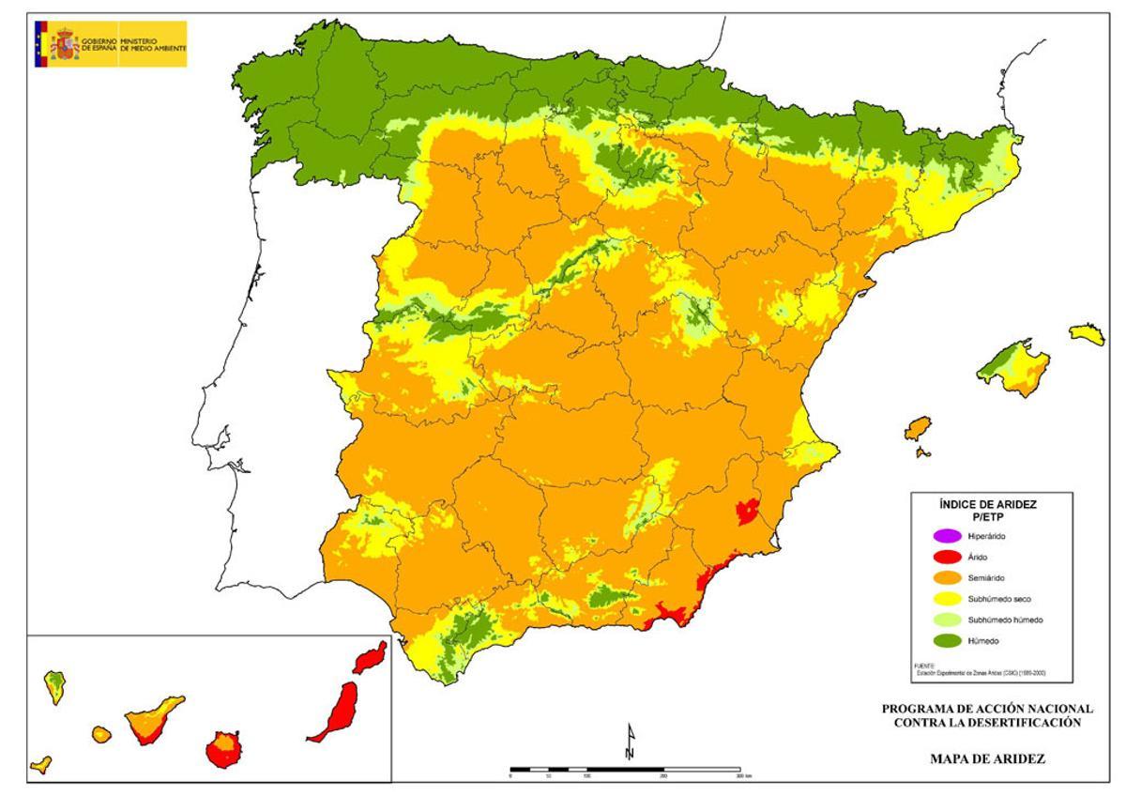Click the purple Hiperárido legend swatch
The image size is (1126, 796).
pos(945,537)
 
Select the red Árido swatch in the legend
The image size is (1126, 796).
pos(945,558)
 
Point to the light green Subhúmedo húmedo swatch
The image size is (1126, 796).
pos(945,620)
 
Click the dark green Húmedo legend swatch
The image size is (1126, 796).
pos(945,640)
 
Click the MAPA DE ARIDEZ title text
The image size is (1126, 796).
pos(987,758)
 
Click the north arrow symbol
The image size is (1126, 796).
pos(631,742)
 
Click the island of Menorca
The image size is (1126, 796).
pos(1087,333)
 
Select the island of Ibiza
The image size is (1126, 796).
pos(919,429)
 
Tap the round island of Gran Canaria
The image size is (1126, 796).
pos(224,749)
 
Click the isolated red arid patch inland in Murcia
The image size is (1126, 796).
pos(748,511)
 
